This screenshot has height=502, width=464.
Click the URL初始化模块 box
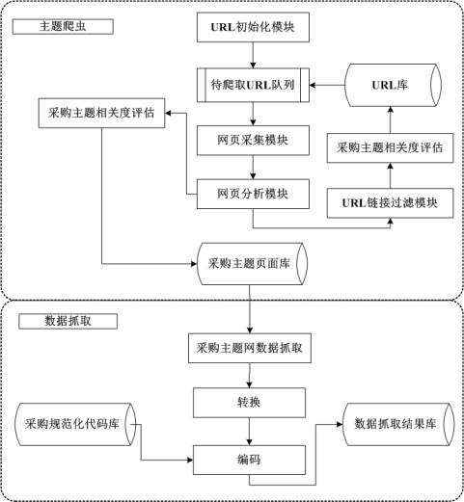point(253,27)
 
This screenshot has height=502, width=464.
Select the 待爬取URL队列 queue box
point(253,85)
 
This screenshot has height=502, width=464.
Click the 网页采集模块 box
point(253,141)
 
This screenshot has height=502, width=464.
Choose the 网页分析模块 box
point(253,194)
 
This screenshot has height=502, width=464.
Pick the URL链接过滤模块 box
point(390,203)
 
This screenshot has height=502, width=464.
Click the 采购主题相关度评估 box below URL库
point(390,147)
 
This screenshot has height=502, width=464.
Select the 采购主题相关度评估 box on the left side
point(101,113)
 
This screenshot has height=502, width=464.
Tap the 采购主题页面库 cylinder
point(252,264)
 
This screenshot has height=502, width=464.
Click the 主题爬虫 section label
point(63,27)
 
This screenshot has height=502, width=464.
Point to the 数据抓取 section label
point(68,321)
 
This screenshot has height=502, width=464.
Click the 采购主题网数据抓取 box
point(250,348)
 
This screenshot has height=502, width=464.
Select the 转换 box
point(249,403)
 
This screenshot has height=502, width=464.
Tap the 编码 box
point(249,460)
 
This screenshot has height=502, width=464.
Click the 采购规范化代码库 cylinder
point(75,424)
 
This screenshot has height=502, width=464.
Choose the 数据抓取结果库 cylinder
point(398,424)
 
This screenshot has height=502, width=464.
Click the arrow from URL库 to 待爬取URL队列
point(327,85)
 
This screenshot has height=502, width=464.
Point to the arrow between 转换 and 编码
point(249,432)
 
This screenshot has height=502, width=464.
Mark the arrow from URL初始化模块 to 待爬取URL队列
point(253,55)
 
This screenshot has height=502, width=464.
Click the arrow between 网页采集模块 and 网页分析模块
point(253,168)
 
